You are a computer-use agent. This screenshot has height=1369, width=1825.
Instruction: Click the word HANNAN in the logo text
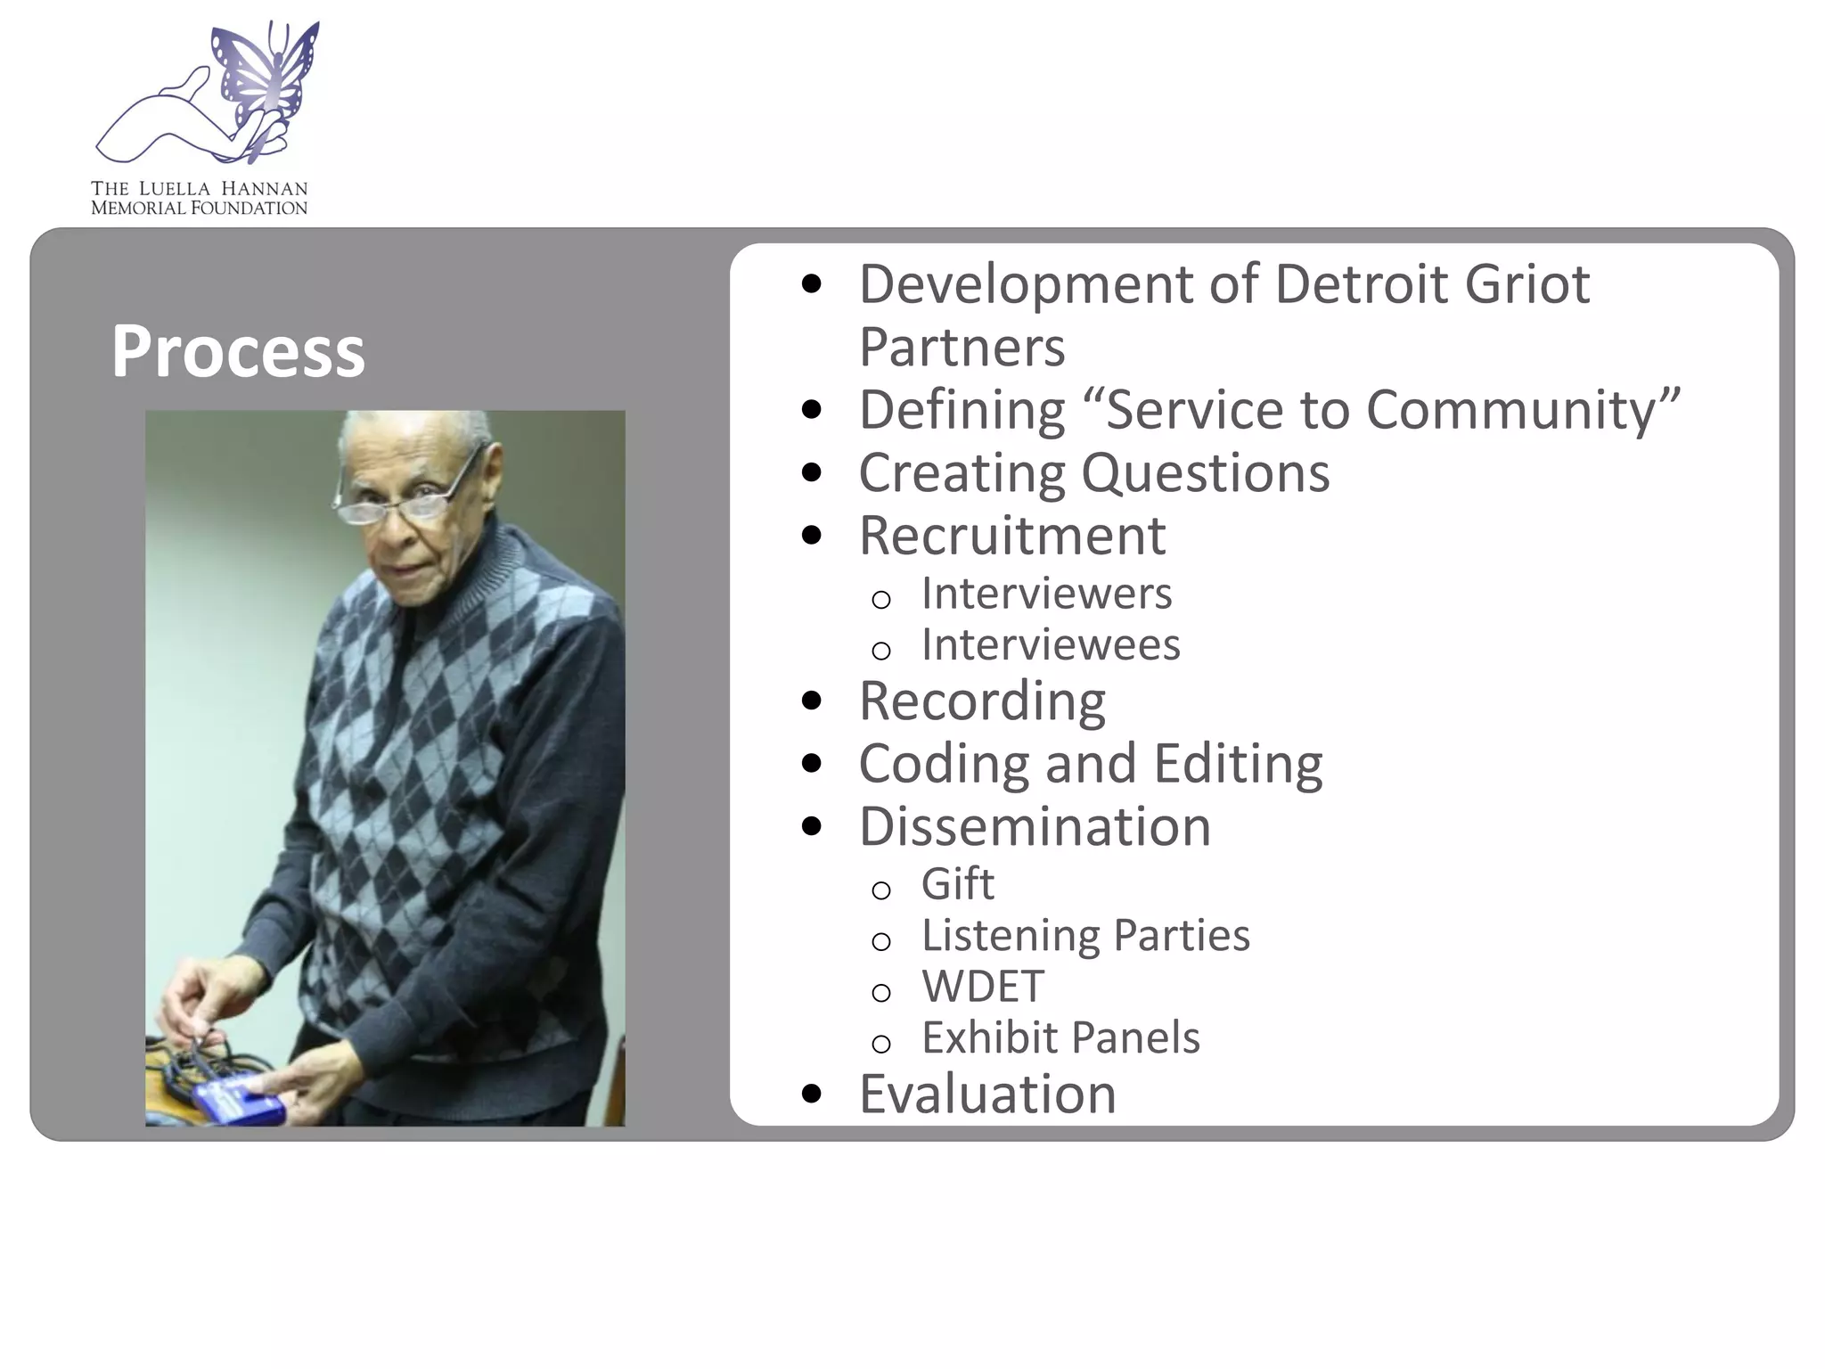264,189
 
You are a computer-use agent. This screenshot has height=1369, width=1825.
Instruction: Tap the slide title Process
238,351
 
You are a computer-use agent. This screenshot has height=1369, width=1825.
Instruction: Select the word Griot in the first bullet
1526,284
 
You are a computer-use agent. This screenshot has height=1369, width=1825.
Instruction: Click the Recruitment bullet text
1011,536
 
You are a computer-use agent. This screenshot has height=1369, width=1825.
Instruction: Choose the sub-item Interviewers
1046,594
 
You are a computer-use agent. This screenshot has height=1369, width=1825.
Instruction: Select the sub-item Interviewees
1050,644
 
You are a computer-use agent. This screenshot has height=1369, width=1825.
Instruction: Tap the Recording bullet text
982,701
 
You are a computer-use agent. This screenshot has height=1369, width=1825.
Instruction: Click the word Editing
1237,764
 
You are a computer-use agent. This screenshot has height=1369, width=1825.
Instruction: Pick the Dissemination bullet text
1035,826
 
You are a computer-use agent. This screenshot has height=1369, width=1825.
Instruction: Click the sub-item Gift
957,884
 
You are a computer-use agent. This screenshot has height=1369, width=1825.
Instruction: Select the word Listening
1011,936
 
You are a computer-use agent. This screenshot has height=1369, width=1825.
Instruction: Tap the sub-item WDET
982,987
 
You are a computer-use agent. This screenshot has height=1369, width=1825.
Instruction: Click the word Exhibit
989,1037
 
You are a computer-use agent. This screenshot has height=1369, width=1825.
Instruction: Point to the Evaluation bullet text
987,1094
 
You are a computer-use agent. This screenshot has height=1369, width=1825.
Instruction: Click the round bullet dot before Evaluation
811,1094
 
